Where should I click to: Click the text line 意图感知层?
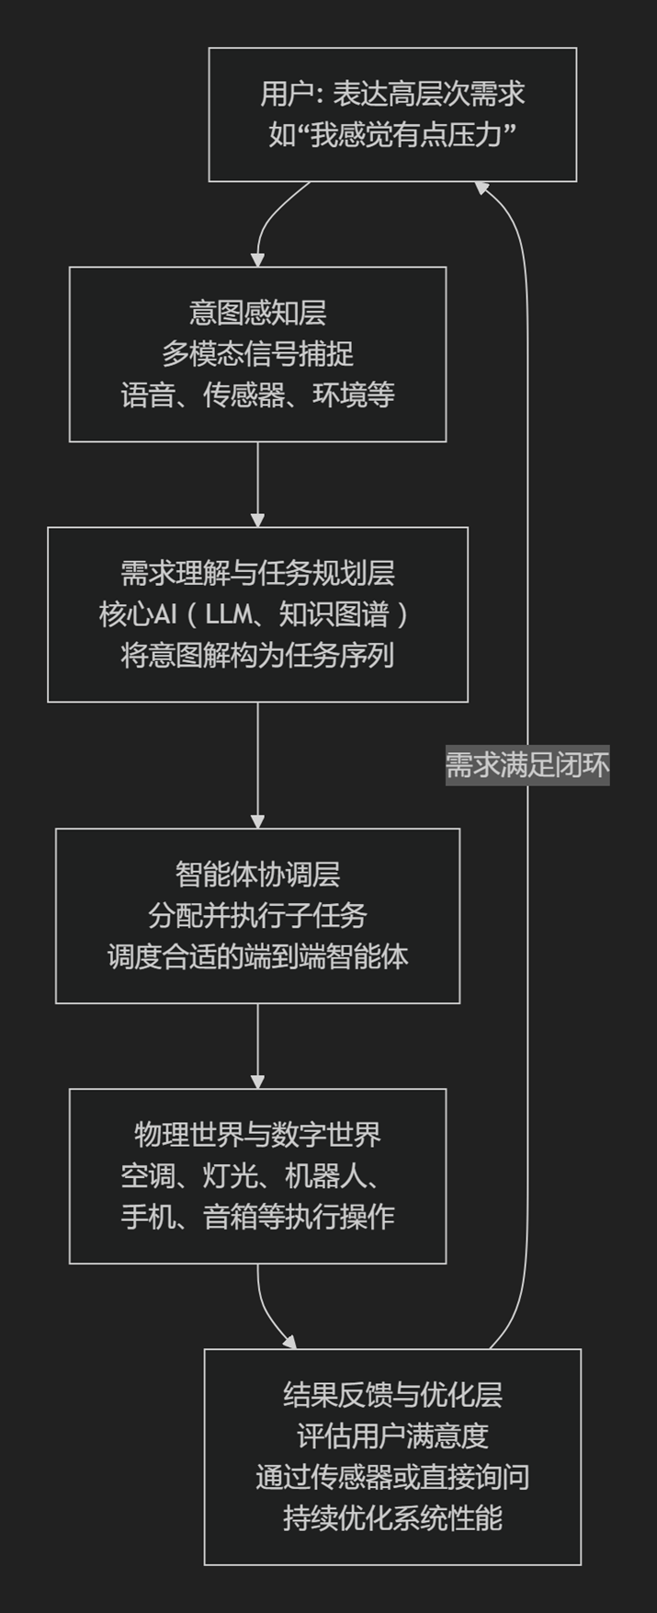coord(257,314)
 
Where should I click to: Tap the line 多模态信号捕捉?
coord(257,354)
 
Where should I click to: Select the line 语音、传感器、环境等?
coord(257,395)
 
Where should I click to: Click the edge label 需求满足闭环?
coord(527,765)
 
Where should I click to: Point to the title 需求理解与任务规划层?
coord(257,574)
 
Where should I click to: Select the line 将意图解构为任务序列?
coord(257,655)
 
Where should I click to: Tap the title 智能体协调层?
coord(257,875)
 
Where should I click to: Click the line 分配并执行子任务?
coord(257,915)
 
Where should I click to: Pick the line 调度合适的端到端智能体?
coord(257,956)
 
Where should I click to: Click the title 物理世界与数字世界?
coord(257,1135)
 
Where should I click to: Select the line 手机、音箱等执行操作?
coord(257,1217)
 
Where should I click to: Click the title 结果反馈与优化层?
coord(392,1395)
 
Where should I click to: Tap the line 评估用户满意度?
coord(392,1436)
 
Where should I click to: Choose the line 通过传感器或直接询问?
coord(392,1477)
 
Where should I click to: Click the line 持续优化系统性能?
coord(392,1517)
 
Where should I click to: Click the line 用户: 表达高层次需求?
coord(392,94)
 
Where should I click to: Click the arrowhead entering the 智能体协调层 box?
coord(257,821)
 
